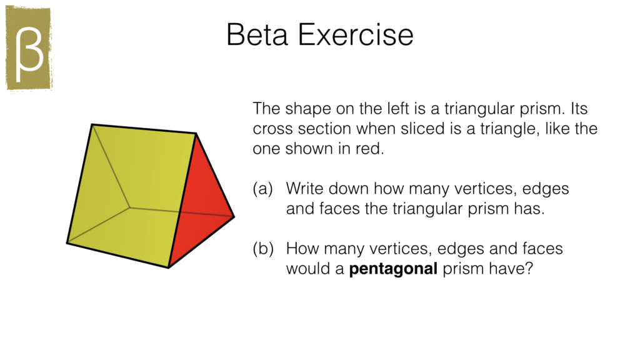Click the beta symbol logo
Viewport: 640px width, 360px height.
(29, 49)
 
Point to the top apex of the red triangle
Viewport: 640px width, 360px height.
(197, 134)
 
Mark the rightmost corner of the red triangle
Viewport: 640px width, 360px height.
(233, 217)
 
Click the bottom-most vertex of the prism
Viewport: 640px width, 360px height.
(168, 267)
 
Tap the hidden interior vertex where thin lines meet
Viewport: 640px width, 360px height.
(130, 206)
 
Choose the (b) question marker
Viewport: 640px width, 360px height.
(263, 249)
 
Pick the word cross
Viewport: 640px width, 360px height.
(269, 129)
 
